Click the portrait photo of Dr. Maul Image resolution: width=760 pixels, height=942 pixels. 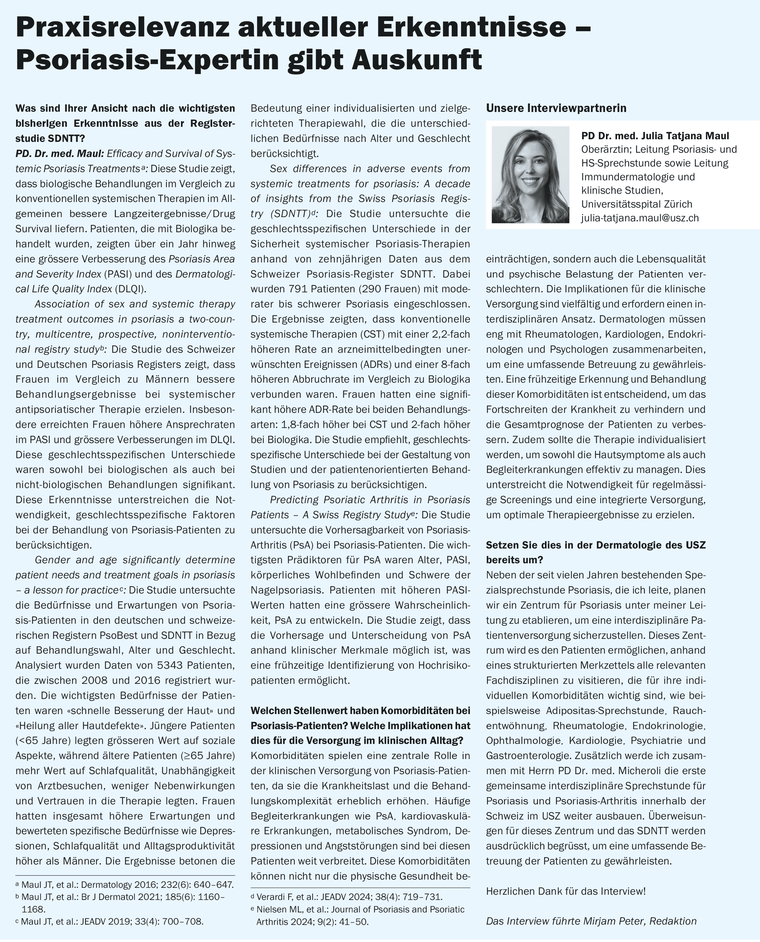click(530, 175)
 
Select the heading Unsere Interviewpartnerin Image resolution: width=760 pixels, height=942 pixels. click(556, 108)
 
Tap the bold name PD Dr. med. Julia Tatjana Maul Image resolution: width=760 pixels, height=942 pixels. click(655, 136)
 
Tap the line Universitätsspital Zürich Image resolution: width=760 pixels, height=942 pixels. click(637, 204)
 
